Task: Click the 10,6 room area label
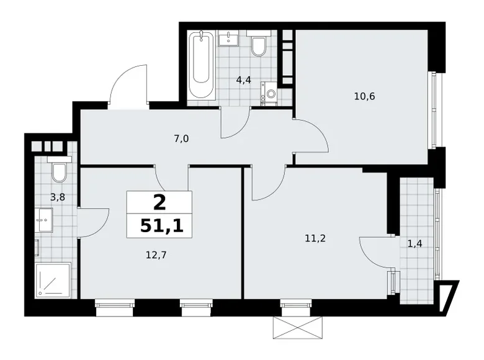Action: tap(364, 96)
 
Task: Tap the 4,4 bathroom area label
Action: tap(243, 79)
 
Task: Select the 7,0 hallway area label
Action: tap(181, 138)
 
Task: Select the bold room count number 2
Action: tap(159, 202)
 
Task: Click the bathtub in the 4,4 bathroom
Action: tap(202, 65)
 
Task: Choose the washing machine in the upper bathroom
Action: tap(270, 93)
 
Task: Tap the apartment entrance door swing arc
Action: tap(127, 84)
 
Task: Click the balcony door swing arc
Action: tap(375, 248)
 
